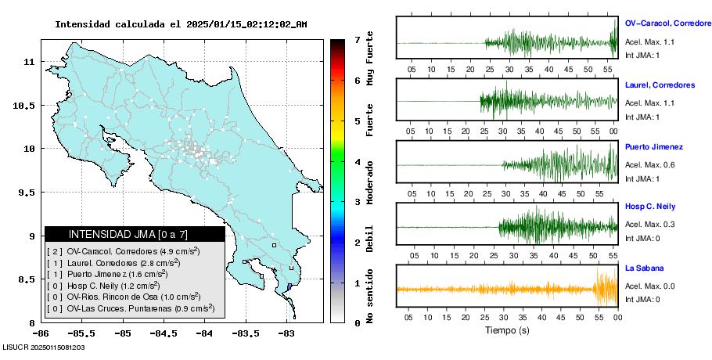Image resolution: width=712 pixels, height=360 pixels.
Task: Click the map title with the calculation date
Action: (x=181, y=24)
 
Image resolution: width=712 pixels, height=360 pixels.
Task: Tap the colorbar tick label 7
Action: (x=357, y=39)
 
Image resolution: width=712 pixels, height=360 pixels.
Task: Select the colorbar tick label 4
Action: (x=357, y=161)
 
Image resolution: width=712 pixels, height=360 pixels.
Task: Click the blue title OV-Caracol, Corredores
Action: (x=668, y=23)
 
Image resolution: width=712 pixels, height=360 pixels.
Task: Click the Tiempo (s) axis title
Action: (x=506, y=330)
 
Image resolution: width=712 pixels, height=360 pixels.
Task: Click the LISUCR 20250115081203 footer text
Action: (x=44, y=346)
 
